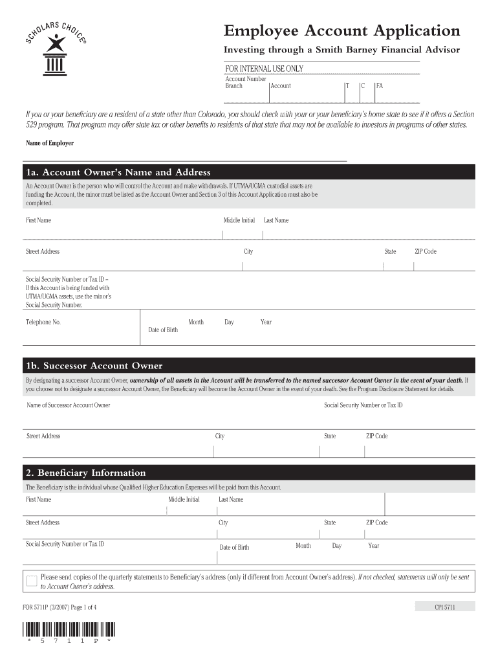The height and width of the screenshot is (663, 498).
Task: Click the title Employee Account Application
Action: (x=341, y=30)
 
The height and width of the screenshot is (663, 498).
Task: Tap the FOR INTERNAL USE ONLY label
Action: (x=264, y=69)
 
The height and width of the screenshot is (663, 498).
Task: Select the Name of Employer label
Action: (x=50, y=143)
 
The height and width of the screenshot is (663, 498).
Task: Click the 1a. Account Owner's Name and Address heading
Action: (x=118, y=172)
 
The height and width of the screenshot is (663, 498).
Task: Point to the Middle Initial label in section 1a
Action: (x=239, y=220)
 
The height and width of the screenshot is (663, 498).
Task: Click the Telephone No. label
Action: (x=43, y=322)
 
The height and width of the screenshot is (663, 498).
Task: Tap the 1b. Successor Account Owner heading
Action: (x=94, y=366)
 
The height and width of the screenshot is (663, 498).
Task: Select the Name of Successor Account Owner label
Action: (x=68, y=405)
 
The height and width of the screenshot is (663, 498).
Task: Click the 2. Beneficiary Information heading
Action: (x=85, y=473)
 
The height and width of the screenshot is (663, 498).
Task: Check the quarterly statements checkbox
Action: (x=32, y=581)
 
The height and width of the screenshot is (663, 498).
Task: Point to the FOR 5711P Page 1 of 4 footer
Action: (x=60, y=607)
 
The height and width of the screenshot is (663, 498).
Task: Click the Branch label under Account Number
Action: (x=233, y=86)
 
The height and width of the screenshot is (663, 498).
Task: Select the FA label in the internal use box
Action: (x=380, y=86)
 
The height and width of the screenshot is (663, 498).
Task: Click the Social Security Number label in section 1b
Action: (x=363, y=405)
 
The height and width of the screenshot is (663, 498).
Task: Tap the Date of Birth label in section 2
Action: (x=234, y=547)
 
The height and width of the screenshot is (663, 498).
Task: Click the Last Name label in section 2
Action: (x=231, y=499)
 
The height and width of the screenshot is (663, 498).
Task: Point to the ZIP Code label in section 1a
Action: (x=426, y=251)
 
